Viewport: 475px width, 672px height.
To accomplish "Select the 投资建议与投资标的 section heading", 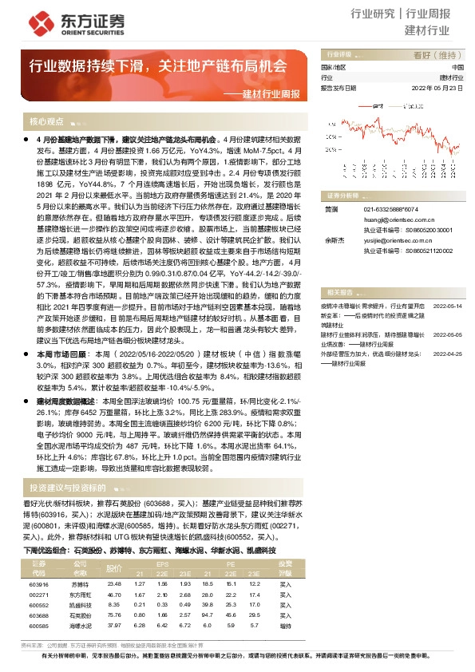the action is (67, 488).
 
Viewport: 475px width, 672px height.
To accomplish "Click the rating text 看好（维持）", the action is (438, 55).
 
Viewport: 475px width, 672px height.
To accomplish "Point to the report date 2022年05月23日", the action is (437, 89).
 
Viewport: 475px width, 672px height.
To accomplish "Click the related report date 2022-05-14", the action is (447, 306).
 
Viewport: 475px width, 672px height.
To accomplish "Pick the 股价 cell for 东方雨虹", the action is (114, 595).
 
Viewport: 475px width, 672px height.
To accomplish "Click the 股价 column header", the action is (114, 568).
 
